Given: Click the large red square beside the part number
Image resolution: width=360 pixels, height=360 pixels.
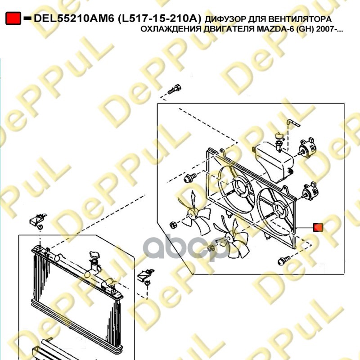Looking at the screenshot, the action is [x=13, y=18].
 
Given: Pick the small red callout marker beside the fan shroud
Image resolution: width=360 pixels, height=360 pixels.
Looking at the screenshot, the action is [x=318, y=227].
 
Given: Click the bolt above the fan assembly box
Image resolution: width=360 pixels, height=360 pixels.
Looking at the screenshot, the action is [x=175, y=89].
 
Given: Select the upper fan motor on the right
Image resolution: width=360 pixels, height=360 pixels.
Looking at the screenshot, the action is [x=306, y=147].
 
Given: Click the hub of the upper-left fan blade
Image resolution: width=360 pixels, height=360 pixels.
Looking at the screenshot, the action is [x=192, y=212].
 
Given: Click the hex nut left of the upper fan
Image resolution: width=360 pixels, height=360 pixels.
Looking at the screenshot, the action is [x=173, y=225].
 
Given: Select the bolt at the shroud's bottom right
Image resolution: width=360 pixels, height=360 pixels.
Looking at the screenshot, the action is [x=283, y=261].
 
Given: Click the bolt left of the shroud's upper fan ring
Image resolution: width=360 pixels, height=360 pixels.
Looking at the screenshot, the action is [x=190, y=178].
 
